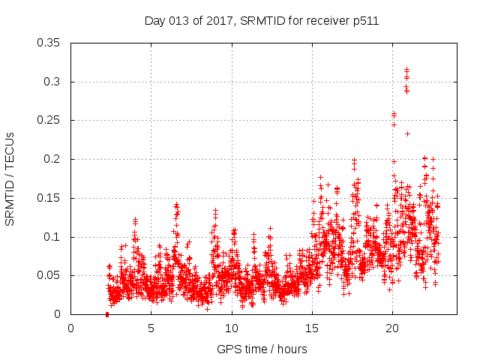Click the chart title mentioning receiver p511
coord(261,21)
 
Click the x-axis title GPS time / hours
coord(261,349)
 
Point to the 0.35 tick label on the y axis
coord(50,43)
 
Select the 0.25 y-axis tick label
coord(50,120)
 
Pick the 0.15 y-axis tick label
coord(50,198)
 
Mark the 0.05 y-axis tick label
coord(50,276)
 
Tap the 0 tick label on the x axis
coord(71,328)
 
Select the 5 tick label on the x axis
coord(151,328)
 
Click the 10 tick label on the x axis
coord(232,328)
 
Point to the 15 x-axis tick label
coord(312,328)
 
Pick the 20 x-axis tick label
coord(392,328)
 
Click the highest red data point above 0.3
coord(406,69)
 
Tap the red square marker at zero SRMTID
coord(107,314)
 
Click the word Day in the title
coord(154,21)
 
